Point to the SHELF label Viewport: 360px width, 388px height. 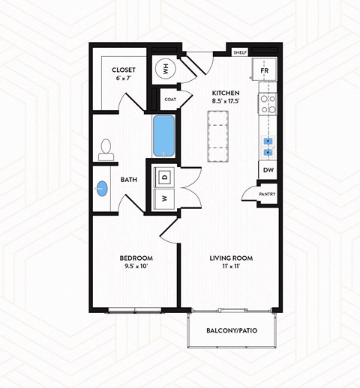[241, 53]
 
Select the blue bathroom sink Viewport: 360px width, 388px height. [102, 190]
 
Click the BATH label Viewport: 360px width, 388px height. [127, 180]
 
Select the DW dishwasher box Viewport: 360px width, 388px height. [267, 170]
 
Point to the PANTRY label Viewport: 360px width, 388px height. [266, 195]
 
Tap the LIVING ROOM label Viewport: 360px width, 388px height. [230, 258]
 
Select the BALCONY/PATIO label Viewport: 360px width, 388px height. [232, 330]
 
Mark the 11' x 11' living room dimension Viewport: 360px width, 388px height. [230, 267]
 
